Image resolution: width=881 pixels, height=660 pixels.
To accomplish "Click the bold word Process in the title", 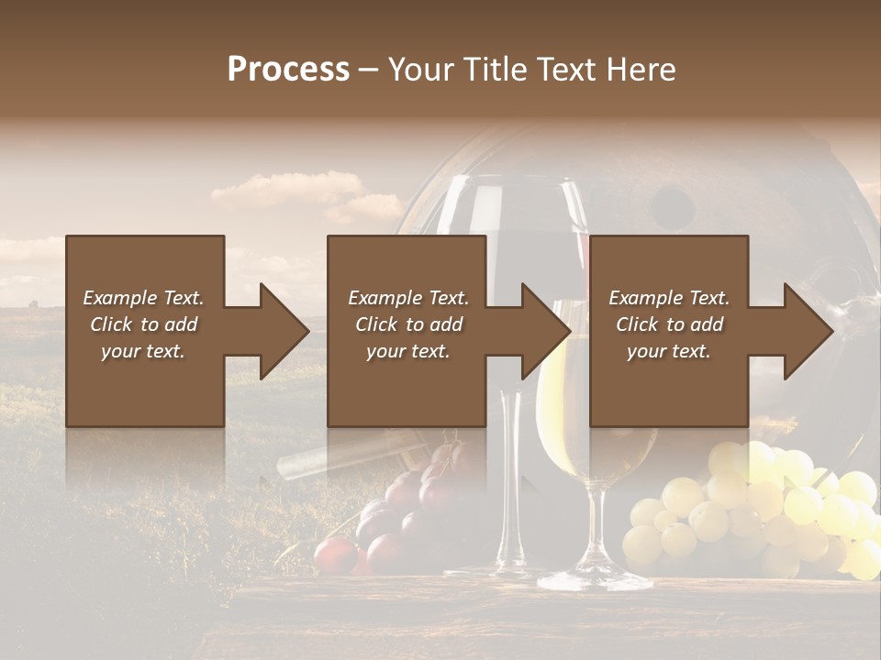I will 288,70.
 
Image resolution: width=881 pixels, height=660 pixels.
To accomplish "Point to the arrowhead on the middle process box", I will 544,331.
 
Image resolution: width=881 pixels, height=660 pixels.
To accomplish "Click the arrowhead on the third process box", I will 807,331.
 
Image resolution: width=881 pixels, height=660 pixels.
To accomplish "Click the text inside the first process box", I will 144,324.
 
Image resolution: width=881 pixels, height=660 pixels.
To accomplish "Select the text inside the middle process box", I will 407,324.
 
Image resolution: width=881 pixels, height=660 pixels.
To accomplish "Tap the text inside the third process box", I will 669,324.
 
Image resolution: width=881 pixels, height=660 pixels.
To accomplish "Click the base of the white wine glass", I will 595,579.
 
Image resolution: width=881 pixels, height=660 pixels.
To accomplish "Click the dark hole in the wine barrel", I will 673,203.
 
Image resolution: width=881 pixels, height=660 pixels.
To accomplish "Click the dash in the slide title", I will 369,70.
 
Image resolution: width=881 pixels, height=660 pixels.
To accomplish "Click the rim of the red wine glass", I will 510,181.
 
